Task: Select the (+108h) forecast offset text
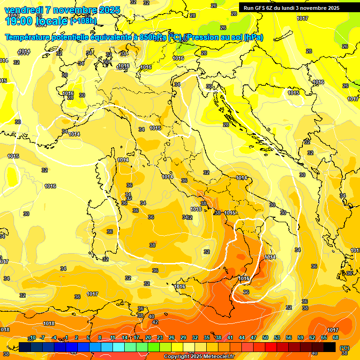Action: [83, 21]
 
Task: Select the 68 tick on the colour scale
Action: [336, 338]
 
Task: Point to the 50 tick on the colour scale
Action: [265, 338]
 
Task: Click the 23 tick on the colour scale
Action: [160, 338]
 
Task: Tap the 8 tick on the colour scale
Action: [100, 338]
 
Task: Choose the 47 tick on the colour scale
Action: [254, 338]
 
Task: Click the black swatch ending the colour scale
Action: [330, 347]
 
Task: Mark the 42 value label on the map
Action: [155, 322]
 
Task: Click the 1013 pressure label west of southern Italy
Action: [196, 209]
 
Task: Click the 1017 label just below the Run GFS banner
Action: [302, 18]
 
